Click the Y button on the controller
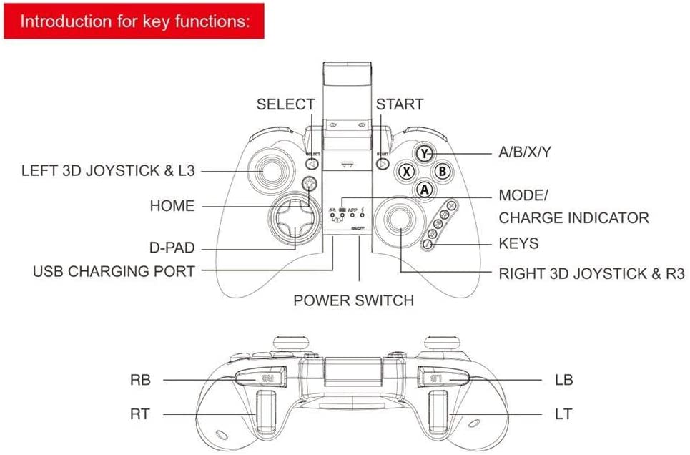tap(425, 152)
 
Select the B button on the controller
tap(443, 171)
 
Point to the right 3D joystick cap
tap(400, 228)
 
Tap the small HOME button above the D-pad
tap(309, 185)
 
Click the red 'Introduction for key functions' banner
tap(133, 21)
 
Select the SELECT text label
tap(285, 104)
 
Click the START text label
tap(400, 104)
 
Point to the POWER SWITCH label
tap(353, 300)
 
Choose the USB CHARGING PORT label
tap(114, 272)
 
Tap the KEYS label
tap(518, 244)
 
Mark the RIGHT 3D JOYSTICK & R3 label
tap(591, 273)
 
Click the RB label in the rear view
tap(141, 380)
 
